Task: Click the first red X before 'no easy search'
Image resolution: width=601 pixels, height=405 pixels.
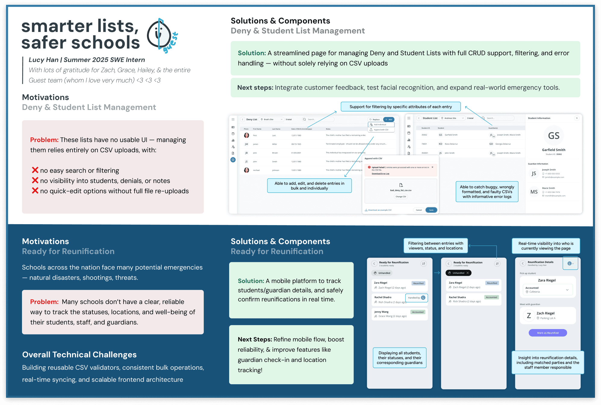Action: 35,170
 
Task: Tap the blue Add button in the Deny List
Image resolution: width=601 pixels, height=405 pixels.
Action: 389,119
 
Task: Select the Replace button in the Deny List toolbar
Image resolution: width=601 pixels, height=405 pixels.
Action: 375,119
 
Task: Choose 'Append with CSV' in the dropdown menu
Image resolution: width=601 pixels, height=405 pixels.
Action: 381,130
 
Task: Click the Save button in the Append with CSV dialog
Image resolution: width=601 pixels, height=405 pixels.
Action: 431,210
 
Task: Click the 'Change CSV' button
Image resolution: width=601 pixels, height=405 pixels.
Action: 401,196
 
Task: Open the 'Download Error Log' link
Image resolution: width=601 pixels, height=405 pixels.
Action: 380,174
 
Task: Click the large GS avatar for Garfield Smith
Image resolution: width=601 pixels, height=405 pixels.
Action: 553,136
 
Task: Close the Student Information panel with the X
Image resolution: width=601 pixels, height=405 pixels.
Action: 577,118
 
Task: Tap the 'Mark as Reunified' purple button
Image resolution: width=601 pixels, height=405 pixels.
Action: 548,333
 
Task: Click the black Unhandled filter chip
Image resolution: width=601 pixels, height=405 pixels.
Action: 458,273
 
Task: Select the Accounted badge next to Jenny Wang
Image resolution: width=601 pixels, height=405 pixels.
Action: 418,312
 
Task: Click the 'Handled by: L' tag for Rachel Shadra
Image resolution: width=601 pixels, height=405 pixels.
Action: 416,298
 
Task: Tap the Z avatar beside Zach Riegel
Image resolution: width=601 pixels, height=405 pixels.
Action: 529,316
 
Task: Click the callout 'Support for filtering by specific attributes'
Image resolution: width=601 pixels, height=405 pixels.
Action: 400,107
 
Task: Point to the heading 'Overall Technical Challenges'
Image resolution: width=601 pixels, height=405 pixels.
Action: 79,354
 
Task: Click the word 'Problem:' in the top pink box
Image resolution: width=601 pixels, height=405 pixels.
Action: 44,140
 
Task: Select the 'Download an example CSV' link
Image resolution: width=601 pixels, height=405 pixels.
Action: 379,210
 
